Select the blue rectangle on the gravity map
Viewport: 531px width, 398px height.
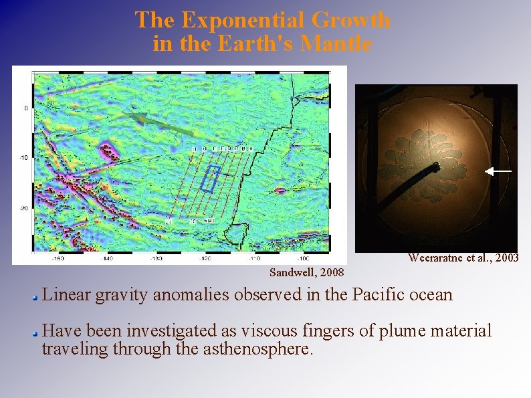click(x=211, y=179)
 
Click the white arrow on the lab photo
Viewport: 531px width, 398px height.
click(x=498, y=172)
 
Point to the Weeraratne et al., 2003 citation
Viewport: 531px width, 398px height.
click(x=463, y=258)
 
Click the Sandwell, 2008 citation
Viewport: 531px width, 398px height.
click(x=306, y=272)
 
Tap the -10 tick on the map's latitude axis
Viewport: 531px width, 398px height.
click(x=22, y=158)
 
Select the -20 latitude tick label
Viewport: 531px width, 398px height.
click(x=22, y=208)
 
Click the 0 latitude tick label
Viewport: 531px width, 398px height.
click(x=25, y=108)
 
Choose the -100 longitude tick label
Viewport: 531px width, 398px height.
click(x=303, y=258)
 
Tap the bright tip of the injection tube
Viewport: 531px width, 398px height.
click(x=436, y=165)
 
